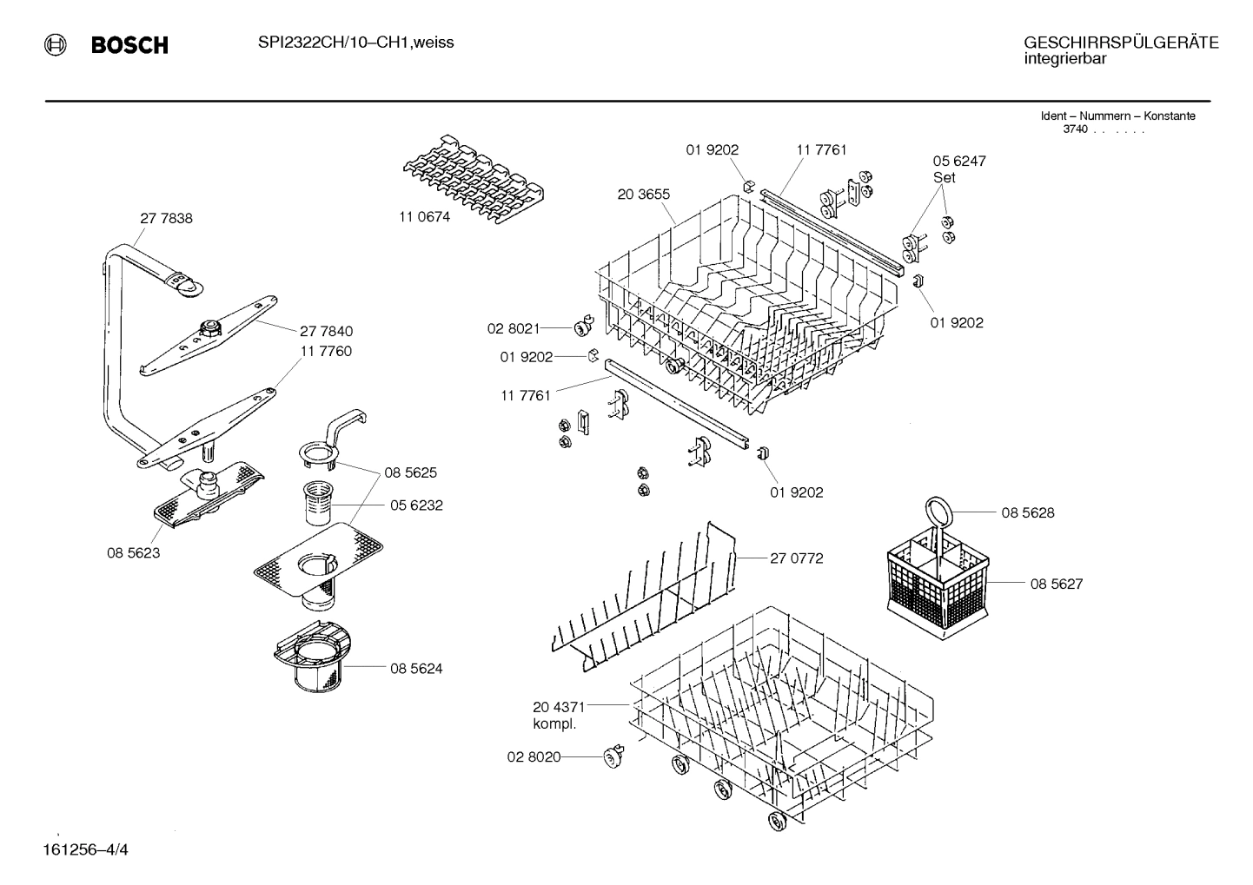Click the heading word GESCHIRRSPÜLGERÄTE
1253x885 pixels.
click(1120, 43)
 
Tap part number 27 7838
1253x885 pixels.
click(166, 219)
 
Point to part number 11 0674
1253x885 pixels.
click(424, 217)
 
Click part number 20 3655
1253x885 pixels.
click(643, 195)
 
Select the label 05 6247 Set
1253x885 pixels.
click(958, 168)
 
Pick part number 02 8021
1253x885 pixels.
click(513, 328)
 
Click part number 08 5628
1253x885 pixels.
click(1027, 513)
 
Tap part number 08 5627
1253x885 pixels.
click(1056, 584)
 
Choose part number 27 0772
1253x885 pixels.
click(796, 558)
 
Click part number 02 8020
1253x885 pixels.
click(534, 756)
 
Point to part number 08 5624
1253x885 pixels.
click(416, 669)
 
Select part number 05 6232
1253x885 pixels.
click(416, 505)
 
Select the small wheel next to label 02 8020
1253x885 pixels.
click(615, 756)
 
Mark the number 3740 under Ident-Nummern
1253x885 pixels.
click(1075, 129)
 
